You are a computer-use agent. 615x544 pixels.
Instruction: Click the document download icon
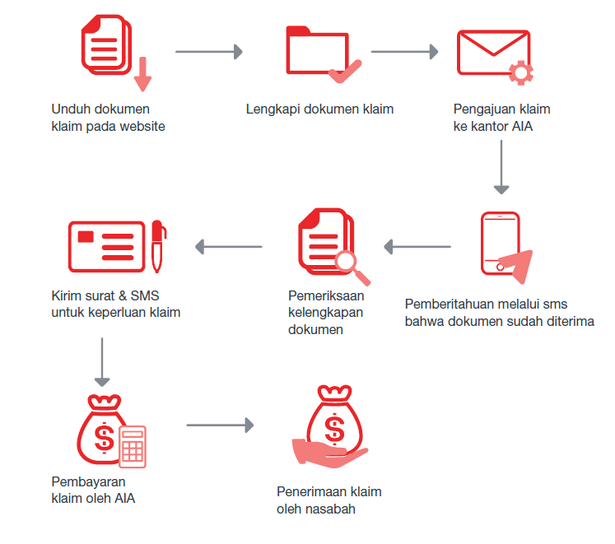tap(114, 51)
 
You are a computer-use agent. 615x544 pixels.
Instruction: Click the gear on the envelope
tap(521, 72)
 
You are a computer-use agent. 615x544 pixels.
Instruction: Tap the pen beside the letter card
tap(158, 246)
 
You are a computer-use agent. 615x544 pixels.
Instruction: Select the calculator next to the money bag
tap(133, 447)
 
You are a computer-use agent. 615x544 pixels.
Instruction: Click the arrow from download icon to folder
tap(208, 52)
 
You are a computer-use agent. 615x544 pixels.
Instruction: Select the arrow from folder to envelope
tap(404, 52)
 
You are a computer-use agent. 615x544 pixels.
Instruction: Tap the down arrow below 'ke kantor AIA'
tap(501, 167)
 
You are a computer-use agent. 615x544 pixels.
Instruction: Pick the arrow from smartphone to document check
tap(417, 247)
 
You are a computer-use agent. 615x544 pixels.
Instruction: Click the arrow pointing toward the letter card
tap(229, 247)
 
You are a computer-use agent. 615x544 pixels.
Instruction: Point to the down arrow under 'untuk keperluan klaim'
tap(102, 362)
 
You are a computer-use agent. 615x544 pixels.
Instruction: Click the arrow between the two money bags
tap(220, 425)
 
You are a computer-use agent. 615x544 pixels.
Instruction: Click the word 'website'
tap(142, 126)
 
